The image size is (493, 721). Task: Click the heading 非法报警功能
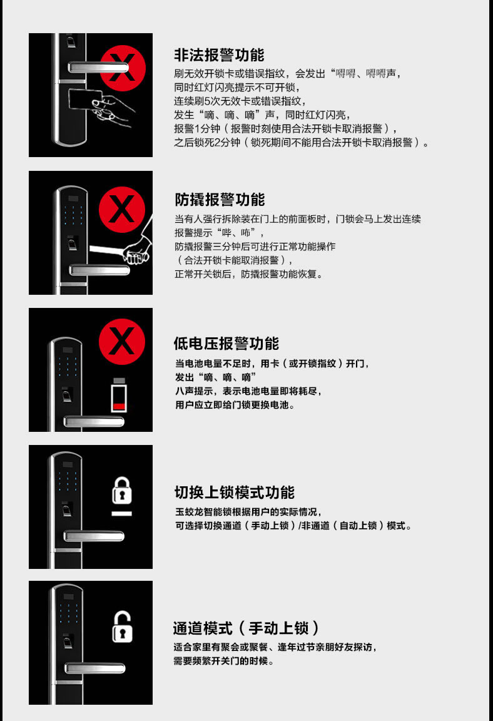219,55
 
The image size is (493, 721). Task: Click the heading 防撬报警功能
219,200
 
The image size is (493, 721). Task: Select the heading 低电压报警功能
226,344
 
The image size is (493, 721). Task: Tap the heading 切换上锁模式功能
234,492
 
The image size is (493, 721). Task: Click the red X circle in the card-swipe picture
123,59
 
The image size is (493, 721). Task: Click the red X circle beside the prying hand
121,208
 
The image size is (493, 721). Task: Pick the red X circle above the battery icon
121,341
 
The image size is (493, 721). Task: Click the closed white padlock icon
122,491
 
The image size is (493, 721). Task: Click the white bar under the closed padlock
122,513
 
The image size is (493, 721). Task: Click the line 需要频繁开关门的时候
223,661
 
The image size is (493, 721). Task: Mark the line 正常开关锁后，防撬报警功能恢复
248,274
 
